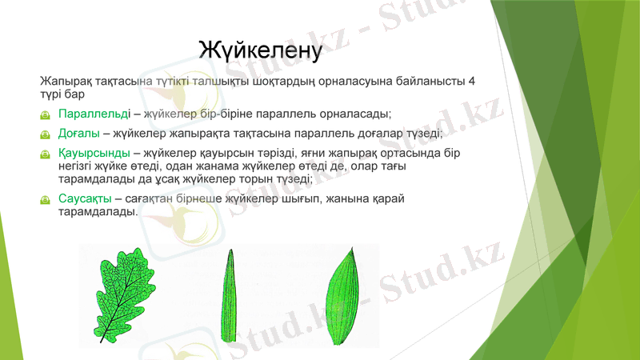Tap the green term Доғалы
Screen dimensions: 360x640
79,133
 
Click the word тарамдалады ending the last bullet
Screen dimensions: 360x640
97,213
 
